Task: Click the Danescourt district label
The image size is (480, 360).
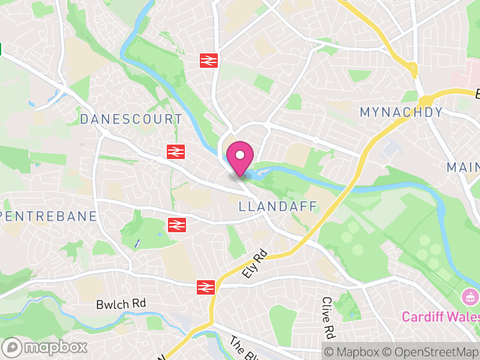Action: point(131,119)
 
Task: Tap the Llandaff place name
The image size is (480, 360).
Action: point(278,207)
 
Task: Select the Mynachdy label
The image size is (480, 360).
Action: point(401,112)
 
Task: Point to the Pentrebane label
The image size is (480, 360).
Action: point(49,216)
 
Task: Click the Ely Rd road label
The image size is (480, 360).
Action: point(254,264)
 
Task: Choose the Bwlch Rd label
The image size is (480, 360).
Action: point(121,305)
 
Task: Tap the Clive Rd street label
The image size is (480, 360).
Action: point(327,316)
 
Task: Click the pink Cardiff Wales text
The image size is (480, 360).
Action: point(440,316)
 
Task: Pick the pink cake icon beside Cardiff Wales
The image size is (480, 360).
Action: point(470,296)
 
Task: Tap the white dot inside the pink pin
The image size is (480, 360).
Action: point(240,155)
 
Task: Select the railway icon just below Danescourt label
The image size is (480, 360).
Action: point(175,152)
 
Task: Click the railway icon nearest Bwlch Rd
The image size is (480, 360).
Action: point(205,287)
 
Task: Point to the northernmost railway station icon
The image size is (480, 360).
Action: point(209,60)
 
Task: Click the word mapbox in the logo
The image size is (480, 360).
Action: point(56,347)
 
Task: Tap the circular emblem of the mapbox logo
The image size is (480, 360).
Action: point(12,347)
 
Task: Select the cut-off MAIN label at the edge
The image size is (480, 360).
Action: point(463,167)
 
